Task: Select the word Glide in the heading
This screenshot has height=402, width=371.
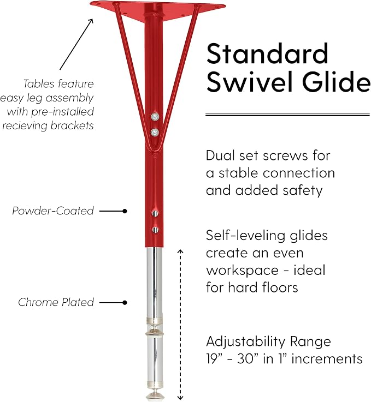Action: tap(337, 81)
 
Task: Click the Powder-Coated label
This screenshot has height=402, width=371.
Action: tap(53, 211)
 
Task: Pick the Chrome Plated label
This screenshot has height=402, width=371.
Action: tap(56, 302)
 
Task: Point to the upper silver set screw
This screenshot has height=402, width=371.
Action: tap(155, 117)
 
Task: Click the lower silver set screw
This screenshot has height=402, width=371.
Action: tap(155, 133)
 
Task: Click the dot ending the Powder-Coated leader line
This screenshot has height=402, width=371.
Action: tap(125, 211)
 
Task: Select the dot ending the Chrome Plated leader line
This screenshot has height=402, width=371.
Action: tap(125, 303)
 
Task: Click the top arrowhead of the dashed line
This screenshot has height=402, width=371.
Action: tap(180, 251)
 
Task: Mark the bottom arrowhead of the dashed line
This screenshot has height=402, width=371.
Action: tap(180, 398)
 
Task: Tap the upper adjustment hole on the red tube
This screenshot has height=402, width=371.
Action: tap(155, 213)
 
